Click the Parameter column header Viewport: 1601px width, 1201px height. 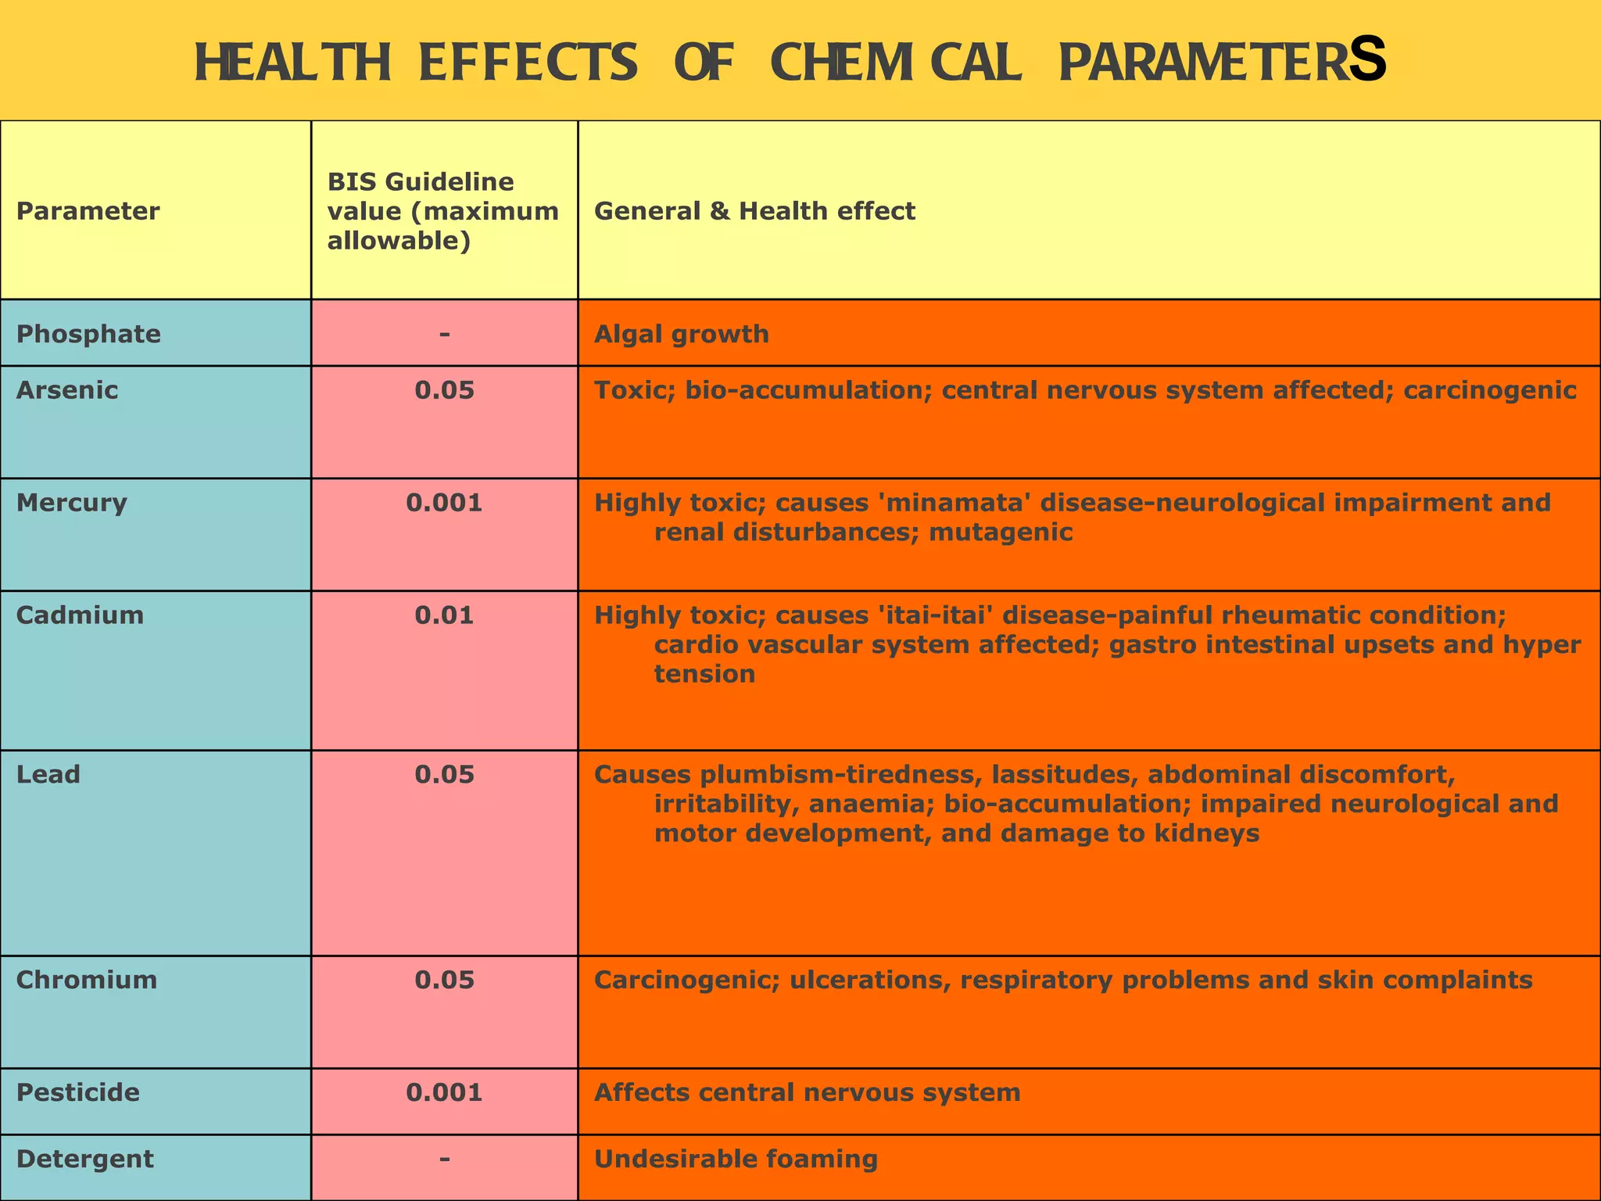coord(88,211)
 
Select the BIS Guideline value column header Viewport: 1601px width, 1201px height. coord(442,211)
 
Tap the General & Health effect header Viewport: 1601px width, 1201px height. coord(754,211)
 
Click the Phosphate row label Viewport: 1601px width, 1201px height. coord(88,334)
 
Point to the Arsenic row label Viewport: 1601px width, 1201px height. coord(67,389)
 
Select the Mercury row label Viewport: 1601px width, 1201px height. coord(71,502)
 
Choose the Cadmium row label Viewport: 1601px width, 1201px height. coord(80,615)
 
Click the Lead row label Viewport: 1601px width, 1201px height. coord(48,774)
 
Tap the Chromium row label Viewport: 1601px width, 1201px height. coord(87,980)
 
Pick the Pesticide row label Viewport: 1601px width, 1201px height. coord(78,1092)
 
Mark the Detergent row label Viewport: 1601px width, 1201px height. coord(84,1159)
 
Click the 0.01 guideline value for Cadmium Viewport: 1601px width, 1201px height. coord(444,615)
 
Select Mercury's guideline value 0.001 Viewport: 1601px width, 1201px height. coord(444,502)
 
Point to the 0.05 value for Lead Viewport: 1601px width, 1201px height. coord(444,774)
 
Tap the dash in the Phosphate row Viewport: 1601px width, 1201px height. coord(444,334)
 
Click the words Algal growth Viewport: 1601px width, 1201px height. coord(682,334)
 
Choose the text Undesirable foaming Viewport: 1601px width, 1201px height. coord(736,1159)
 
